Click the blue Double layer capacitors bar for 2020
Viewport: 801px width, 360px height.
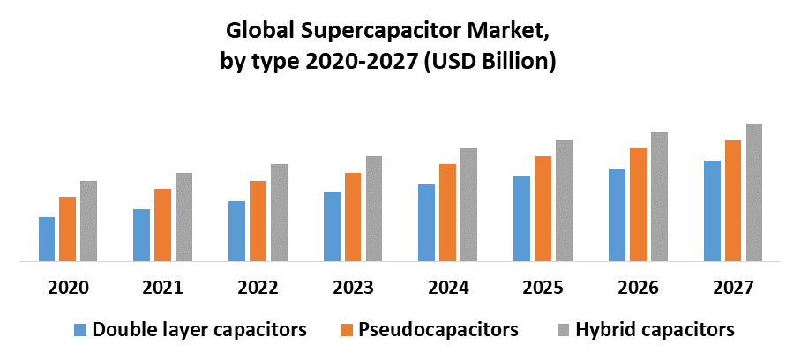click(47, 239)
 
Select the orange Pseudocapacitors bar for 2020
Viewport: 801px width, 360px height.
click(67, 229)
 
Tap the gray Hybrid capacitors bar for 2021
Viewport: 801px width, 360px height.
click(183, 217)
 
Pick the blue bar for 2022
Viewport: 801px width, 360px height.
click(236, 231)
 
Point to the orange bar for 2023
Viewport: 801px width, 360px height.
click(353, 217)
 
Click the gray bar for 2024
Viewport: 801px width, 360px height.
click(468, 205)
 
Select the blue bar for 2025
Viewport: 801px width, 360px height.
click(522, 219)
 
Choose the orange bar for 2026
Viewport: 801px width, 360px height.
click(638, 205)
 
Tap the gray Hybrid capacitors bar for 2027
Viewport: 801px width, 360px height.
click(754, 192)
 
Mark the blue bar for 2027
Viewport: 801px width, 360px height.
click(712, 211)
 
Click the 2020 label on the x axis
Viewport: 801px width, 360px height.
click(68, 288)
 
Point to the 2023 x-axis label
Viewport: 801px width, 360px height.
click(353, 288)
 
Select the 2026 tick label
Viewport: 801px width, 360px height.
click(638, 288)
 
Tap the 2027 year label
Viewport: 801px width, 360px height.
click(733, 288)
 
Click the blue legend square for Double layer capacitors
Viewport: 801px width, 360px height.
click(80, 331)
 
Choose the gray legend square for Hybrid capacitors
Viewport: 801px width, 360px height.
click(560, 331)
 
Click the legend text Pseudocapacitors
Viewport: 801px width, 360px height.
click(438, 331)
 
